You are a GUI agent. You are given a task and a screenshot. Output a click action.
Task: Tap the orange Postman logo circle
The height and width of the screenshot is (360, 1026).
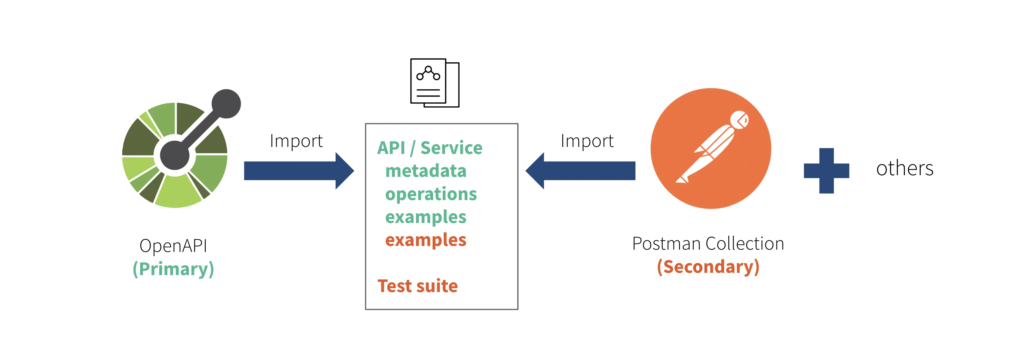[x=711, y=148]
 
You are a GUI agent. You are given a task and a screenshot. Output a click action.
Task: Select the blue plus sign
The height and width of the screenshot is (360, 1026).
[x=827, y=170]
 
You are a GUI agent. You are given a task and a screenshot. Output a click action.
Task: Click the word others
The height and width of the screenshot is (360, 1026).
[x=905, y=168]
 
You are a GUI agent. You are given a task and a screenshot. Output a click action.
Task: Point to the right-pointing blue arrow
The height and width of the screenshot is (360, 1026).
[x=299, y=170]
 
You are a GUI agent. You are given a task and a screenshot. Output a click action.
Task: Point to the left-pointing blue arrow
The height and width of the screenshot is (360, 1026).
[x=580, y=170]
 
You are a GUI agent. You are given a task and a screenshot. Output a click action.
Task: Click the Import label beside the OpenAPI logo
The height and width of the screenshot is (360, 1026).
[x=296, y=141]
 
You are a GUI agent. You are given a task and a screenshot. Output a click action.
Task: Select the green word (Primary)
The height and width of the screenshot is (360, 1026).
[x=173, y=269]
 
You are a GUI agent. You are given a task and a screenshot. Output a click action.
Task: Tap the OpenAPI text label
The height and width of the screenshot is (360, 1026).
[x=173, y=245]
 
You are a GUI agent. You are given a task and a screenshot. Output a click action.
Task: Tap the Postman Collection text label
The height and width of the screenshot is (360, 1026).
[x=708, y=243]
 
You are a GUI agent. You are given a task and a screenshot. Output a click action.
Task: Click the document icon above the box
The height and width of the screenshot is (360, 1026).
[x=435, y=83]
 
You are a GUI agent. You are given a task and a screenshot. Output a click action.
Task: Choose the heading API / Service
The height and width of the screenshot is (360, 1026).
[x=430, y=148]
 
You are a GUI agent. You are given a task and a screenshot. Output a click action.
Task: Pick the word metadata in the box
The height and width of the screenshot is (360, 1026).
[x=426, y=171]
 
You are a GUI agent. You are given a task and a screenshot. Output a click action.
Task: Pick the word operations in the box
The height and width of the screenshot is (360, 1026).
[x=431, y=194]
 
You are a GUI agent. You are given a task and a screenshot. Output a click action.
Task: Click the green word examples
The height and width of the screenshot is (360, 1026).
[x=426, y=217]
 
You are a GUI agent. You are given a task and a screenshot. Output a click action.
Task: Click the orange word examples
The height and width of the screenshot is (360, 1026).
[x=426, y=240]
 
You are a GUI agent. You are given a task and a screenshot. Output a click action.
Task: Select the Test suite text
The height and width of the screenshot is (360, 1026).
[x=417, y=286]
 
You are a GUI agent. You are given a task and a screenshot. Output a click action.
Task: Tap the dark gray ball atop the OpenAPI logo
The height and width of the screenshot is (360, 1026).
[x=226, y=104]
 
